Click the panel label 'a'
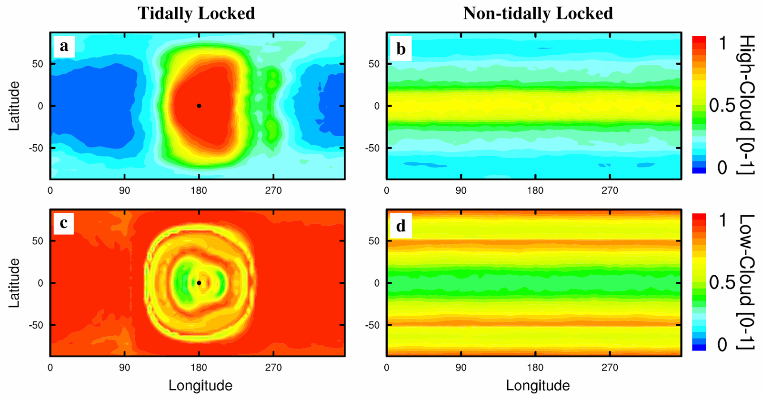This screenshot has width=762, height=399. (x=64, y=47)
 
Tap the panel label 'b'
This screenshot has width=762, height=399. (x=401, y=49)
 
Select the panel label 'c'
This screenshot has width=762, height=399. (x=63, y=223)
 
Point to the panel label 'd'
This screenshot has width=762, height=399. (x=401, y=226)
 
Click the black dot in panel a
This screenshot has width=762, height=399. (x=199, y=106)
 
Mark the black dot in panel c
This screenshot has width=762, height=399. (x=199, y=283)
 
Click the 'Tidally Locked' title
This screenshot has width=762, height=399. (x=196, y=13)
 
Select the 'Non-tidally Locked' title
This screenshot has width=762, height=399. (x=538, y=13)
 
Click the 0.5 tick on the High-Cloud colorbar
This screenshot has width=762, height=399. (x=722, y=106)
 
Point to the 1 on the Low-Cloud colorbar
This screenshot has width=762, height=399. (x=722, y=220)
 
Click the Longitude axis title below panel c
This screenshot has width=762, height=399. (x=201, y=385)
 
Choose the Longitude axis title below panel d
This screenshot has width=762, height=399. (x=538, y=385)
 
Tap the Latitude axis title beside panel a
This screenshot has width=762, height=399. (x=15, y=106)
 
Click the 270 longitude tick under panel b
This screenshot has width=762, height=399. (x=610, y=190)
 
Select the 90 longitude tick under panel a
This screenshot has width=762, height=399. (x=124, y=190)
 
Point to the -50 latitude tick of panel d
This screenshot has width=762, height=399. (x=372, y=325)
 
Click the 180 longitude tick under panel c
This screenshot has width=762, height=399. (x=199, y=368)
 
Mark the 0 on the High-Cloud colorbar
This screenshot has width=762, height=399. (x=722, y=168)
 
